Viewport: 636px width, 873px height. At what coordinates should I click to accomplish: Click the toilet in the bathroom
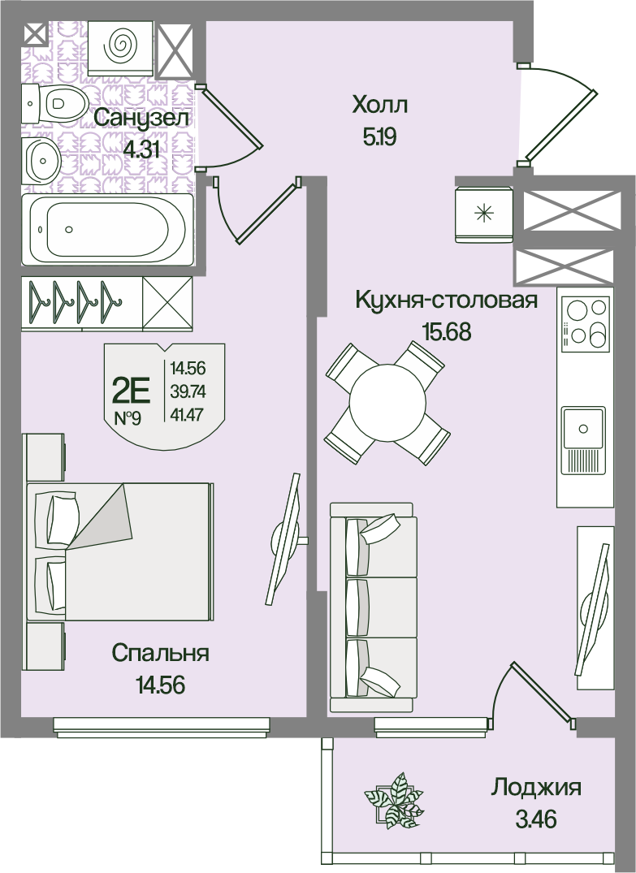coord(54,104)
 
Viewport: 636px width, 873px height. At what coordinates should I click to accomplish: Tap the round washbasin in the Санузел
coord(41,160)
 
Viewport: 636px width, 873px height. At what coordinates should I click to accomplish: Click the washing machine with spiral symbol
coord(119,46)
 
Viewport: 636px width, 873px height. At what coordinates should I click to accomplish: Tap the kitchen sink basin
coord(583,428)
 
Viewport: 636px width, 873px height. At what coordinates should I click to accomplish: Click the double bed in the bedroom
coord(119,551)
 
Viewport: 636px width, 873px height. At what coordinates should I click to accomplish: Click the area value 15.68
coord(447,332)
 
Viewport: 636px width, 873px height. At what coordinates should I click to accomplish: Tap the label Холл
coord(380,105)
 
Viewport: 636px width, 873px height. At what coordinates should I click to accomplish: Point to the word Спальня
coord(160,653)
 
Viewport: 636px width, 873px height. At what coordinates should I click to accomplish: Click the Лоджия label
coord(536,788)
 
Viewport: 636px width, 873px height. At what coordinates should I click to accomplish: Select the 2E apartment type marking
coord(132,391)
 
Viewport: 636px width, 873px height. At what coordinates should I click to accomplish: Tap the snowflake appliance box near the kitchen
coord(483,214)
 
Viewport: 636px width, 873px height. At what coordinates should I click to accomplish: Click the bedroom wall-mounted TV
coord(285,538)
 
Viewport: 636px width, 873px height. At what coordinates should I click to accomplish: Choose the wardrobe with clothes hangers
coord(107,302)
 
